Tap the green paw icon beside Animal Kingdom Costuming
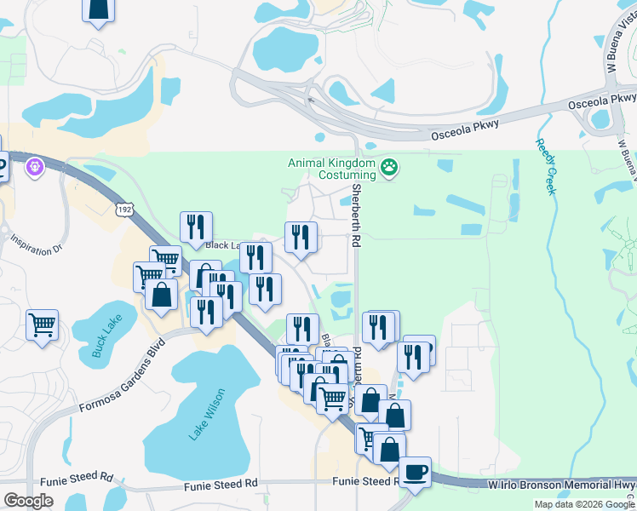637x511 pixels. (x=390, y=167)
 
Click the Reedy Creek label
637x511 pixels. (x=545, y=166)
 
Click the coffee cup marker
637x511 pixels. (x=415, y=472)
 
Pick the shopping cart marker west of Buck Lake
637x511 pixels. (x=42, y=324)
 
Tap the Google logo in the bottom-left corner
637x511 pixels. (x=29, y=500)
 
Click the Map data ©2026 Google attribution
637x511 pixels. (x=584, y=504)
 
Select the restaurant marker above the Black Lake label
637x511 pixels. (x=196, y=227)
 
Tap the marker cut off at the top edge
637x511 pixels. (x=99, y=10)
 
